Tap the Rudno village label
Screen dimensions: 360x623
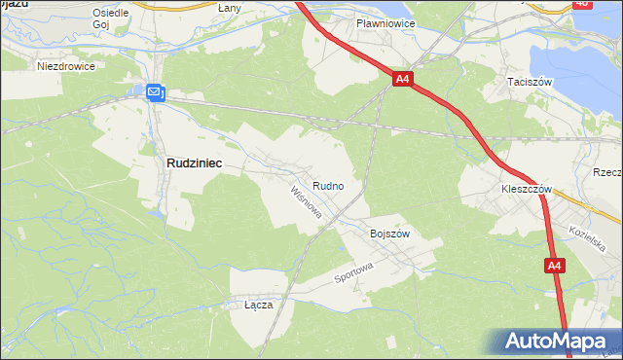326,185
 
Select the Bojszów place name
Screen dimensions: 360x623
390,234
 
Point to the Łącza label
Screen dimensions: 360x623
258,305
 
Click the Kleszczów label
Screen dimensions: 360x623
526,189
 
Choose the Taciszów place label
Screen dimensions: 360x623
529,83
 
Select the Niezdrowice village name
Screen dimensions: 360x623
64,67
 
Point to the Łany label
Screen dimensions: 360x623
230,8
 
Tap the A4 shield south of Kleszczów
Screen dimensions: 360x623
554,265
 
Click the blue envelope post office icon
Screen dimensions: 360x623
156,92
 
